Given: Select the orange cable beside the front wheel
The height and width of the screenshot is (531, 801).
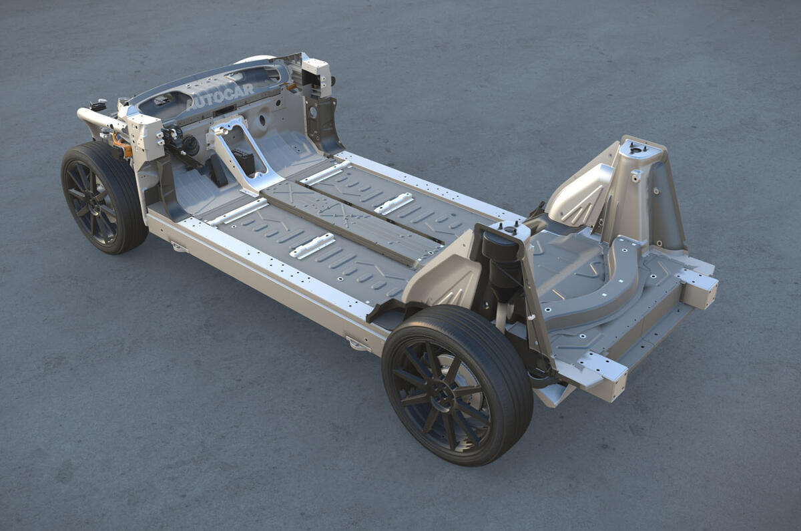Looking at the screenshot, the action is click(121, 144).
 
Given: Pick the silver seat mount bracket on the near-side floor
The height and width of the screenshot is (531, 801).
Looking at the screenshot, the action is click(312, 246).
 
